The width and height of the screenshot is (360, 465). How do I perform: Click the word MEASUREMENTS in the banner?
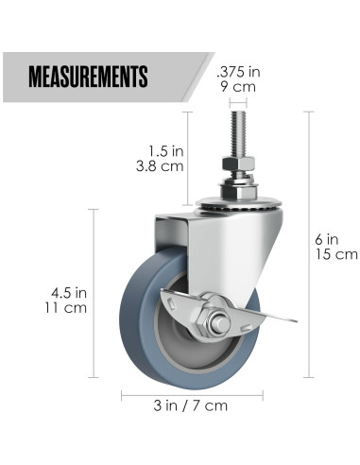88,77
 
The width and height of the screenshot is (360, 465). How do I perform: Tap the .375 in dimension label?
238,72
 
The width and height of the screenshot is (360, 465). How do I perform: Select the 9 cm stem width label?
238,87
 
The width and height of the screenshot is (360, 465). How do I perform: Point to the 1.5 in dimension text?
165,151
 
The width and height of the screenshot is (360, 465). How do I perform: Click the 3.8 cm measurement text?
160,166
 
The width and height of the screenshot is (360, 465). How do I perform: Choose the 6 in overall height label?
327,240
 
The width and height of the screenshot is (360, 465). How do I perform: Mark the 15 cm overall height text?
336,254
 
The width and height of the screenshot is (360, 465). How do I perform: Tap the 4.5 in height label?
69,293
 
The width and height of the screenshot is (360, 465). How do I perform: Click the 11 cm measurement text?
65,308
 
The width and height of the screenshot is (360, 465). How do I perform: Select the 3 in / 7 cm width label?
191,405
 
